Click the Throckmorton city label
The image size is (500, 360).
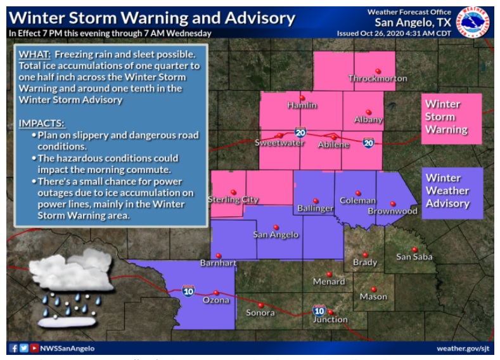coord(377,79)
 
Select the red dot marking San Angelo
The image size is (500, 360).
coord(276,227)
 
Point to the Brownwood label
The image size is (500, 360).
coord(393,212)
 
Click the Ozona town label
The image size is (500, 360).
coord(215,301)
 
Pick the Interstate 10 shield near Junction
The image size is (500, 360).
coord(319,311)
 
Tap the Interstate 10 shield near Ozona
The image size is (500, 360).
coord(188,290)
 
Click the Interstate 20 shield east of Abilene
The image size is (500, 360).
coord(368,143)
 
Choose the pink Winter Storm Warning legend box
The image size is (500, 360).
coord(452,118)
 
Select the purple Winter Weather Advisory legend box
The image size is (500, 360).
coord(452,192)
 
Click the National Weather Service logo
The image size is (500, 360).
coord(475,22)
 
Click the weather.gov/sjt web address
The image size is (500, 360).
coord(463,349)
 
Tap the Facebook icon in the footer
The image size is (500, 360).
coord(14,348)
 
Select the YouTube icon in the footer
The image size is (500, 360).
coord(34,348)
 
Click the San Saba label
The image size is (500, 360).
coord(413,257)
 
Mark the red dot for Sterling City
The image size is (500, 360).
coord(233,192)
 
